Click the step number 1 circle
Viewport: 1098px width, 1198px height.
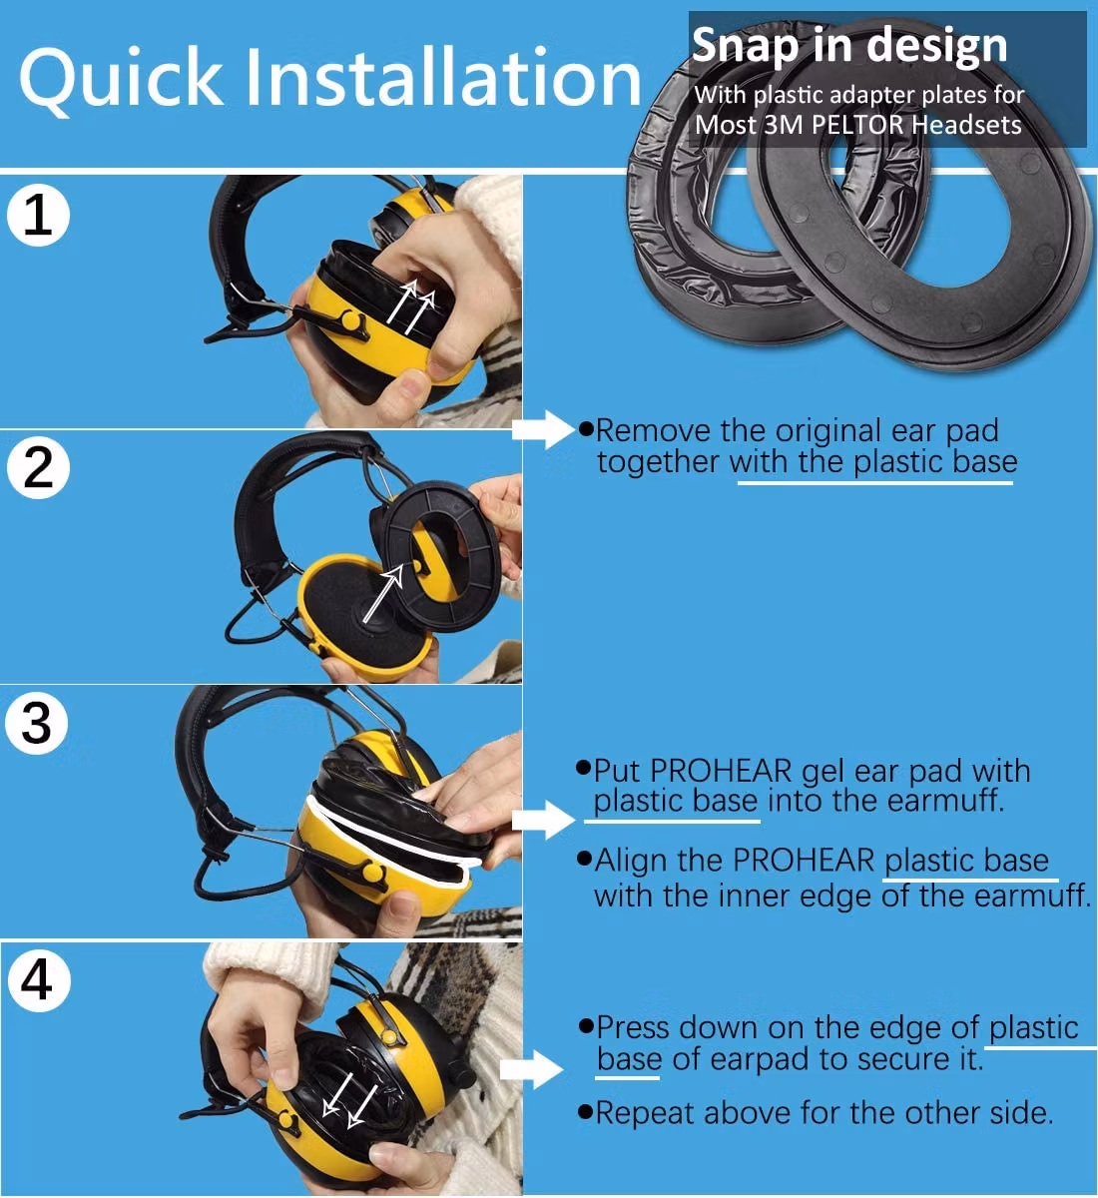pos(38,215)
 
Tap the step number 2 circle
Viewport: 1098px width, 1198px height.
pos(38,467)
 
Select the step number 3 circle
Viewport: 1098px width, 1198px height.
pos(37,723)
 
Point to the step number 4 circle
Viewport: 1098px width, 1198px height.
pos(39,980)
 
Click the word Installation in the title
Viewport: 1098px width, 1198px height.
pos(443,77)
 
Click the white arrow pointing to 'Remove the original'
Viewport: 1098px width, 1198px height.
pos(542,429)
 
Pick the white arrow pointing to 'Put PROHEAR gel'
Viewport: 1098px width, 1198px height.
pos(543,820)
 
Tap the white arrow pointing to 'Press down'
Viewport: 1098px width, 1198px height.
pos(531,1070)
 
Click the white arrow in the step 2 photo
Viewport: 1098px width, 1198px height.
pos(383,594)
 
